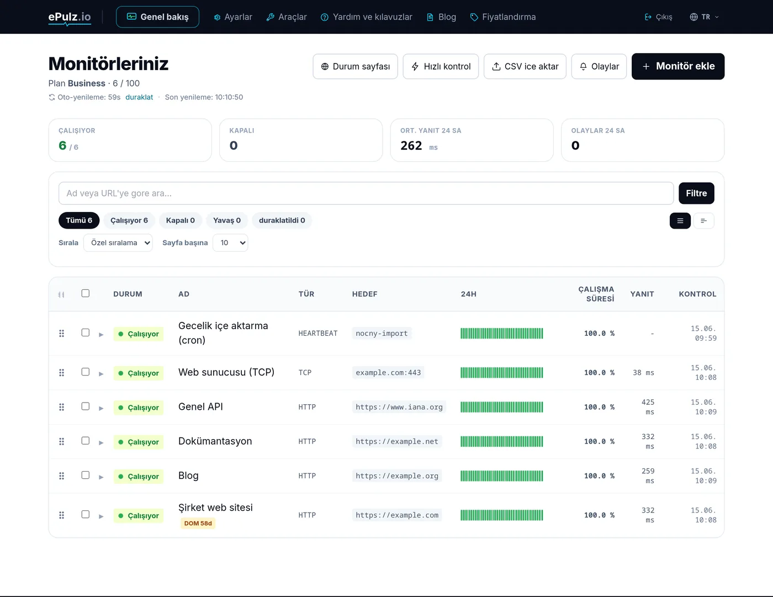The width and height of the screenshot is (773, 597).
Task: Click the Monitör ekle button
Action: point(677,66)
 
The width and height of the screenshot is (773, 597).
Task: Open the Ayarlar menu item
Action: point(233,17)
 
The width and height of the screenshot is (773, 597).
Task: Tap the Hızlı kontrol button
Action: point(441,66)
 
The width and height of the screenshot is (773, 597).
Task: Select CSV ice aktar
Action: point(525,66)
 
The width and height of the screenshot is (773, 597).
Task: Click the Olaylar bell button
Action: point(599,66)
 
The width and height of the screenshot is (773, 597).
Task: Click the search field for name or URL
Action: point(366,193)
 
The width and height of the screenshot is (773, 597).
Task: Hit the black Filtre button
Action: point(696,193)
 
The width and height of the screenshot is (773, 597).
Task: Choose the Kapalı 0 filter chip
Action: point(181,220)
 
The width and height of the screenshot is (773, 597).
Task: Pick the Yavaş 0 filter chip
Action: point(226,220)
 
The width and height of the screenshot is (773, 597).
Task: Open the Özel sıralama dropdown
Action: point(118,242)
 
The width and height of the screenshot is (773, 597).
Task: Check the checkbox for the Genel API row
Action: point(86,406)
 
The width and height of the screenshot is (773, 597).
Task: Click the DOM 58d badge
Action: point(198,524)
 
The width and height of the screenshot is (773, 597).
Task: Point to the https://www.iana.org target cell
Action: point(399,407)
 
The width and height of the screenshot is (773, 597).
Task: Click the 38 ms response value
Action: point(643,372)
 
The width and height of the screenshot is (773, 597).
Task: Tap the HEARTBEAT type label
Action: point(317,334)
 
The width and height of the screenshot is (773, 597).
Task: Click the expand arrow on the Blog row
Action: point(101,477)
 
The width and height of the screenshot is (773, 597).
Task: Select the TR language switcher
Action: point(705,17)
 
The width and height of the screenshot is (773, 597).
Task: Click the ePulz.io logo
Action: point(70,17)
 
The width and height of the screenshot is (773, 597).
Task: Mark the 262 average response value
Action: point(411,145)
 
